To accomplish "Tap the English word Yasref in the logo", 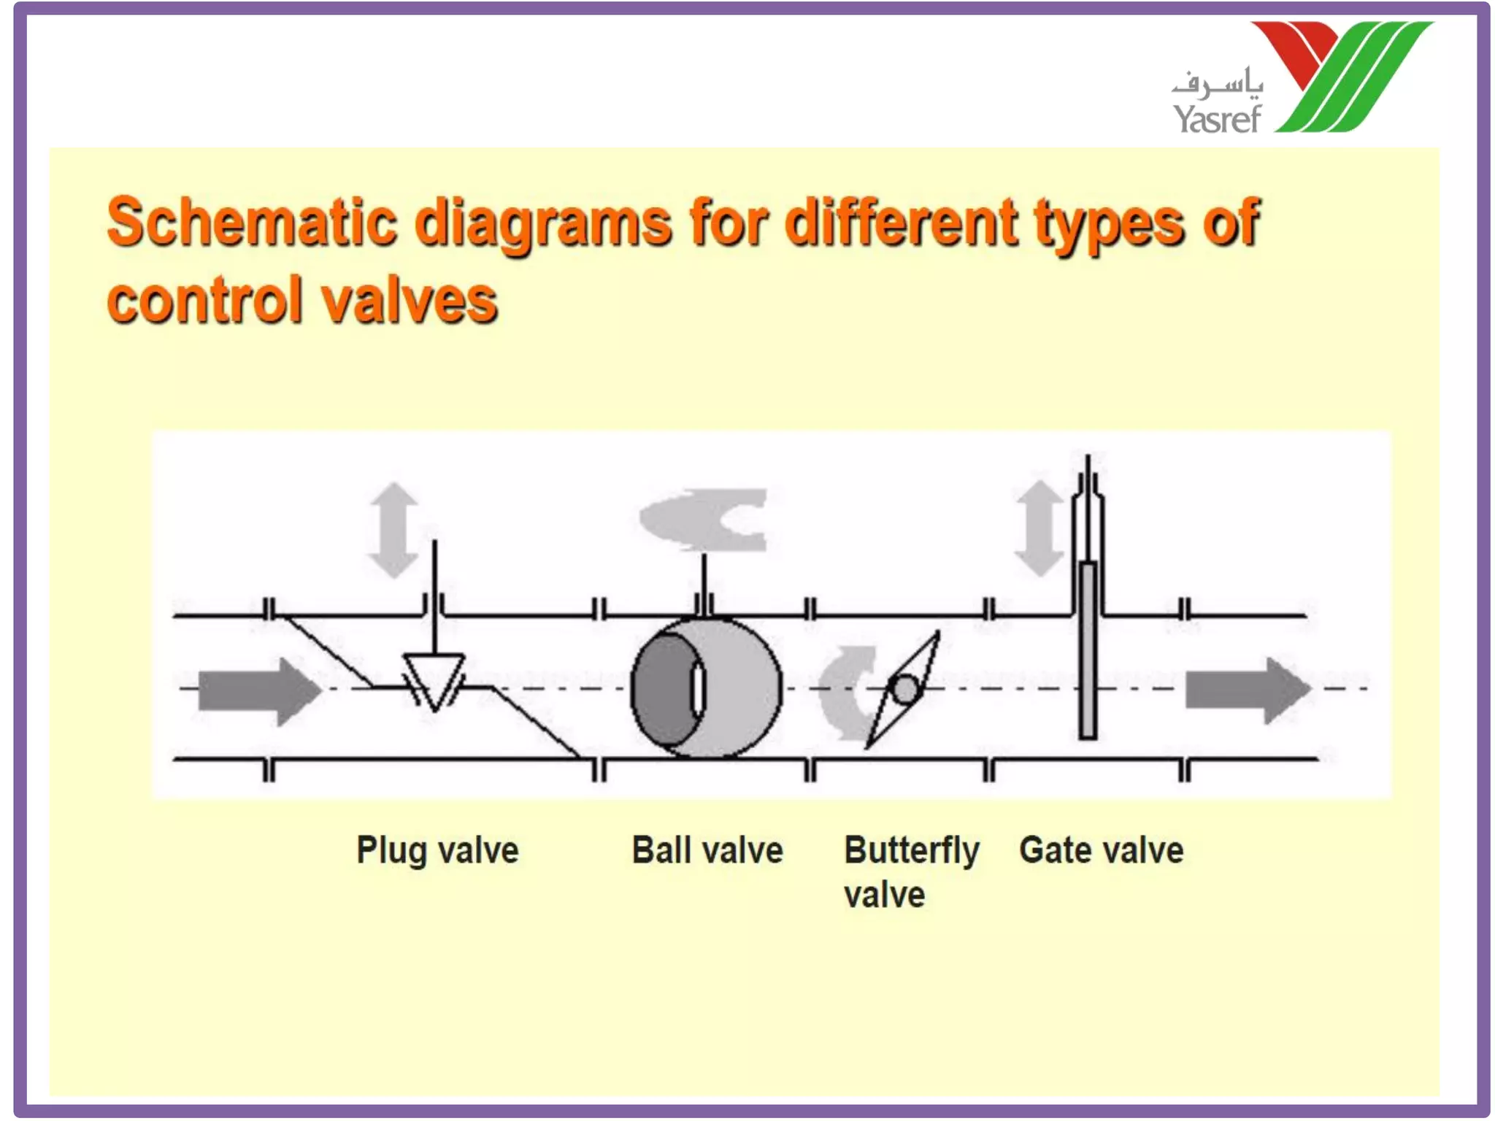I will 1216,119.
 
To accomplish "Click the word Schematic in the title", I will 253,222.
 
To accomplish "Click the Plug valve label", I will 437,850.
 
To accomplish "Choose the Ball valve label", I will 707,850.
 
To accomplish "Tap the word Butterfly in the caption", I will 911,851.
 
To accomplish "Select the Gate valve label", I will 1101,850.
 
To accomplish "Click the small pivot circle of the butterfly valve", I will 906,689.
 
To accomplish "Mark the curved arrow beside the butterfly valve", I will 847,690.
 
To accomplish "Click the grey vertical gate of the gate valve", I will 1088,650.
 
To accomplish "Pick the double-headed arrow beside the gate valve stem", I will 1039,528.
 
